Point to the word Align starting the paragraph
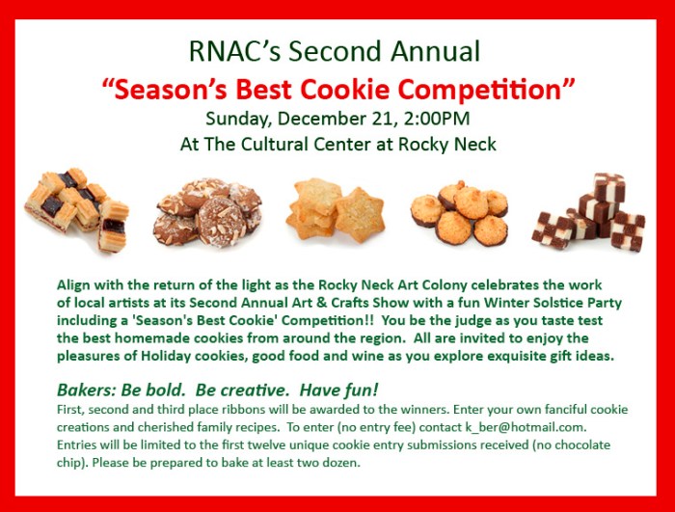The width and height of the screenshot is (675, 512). [75, 286]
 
